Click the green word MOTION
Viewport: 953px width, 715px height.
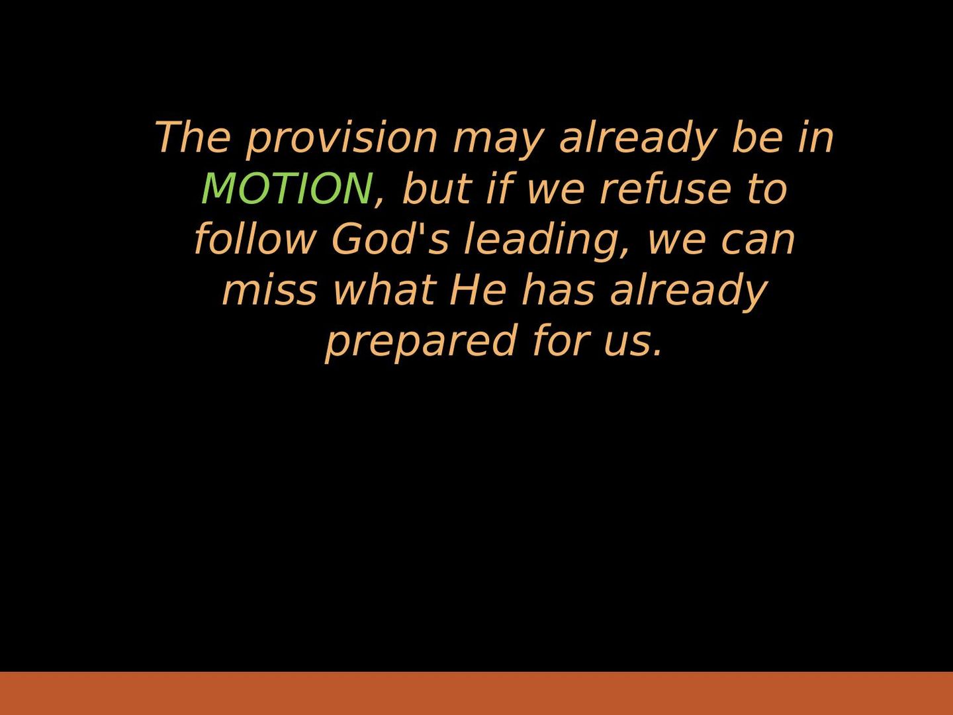click(287, 189)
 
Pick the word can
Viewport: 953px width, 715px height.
click(758, 242)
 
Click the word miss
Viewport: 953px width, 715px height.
click(269, 289)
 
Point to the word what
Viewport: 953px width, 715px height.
click(384, 289)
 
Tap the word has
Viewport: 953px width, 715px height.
click(558, 289)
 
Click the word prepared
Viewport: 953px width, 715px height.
click(421, 343)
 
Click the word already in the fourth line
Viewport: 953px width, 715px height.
click(689, 292)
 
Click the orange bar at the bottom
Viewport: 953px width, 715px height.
click(476, 693)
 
